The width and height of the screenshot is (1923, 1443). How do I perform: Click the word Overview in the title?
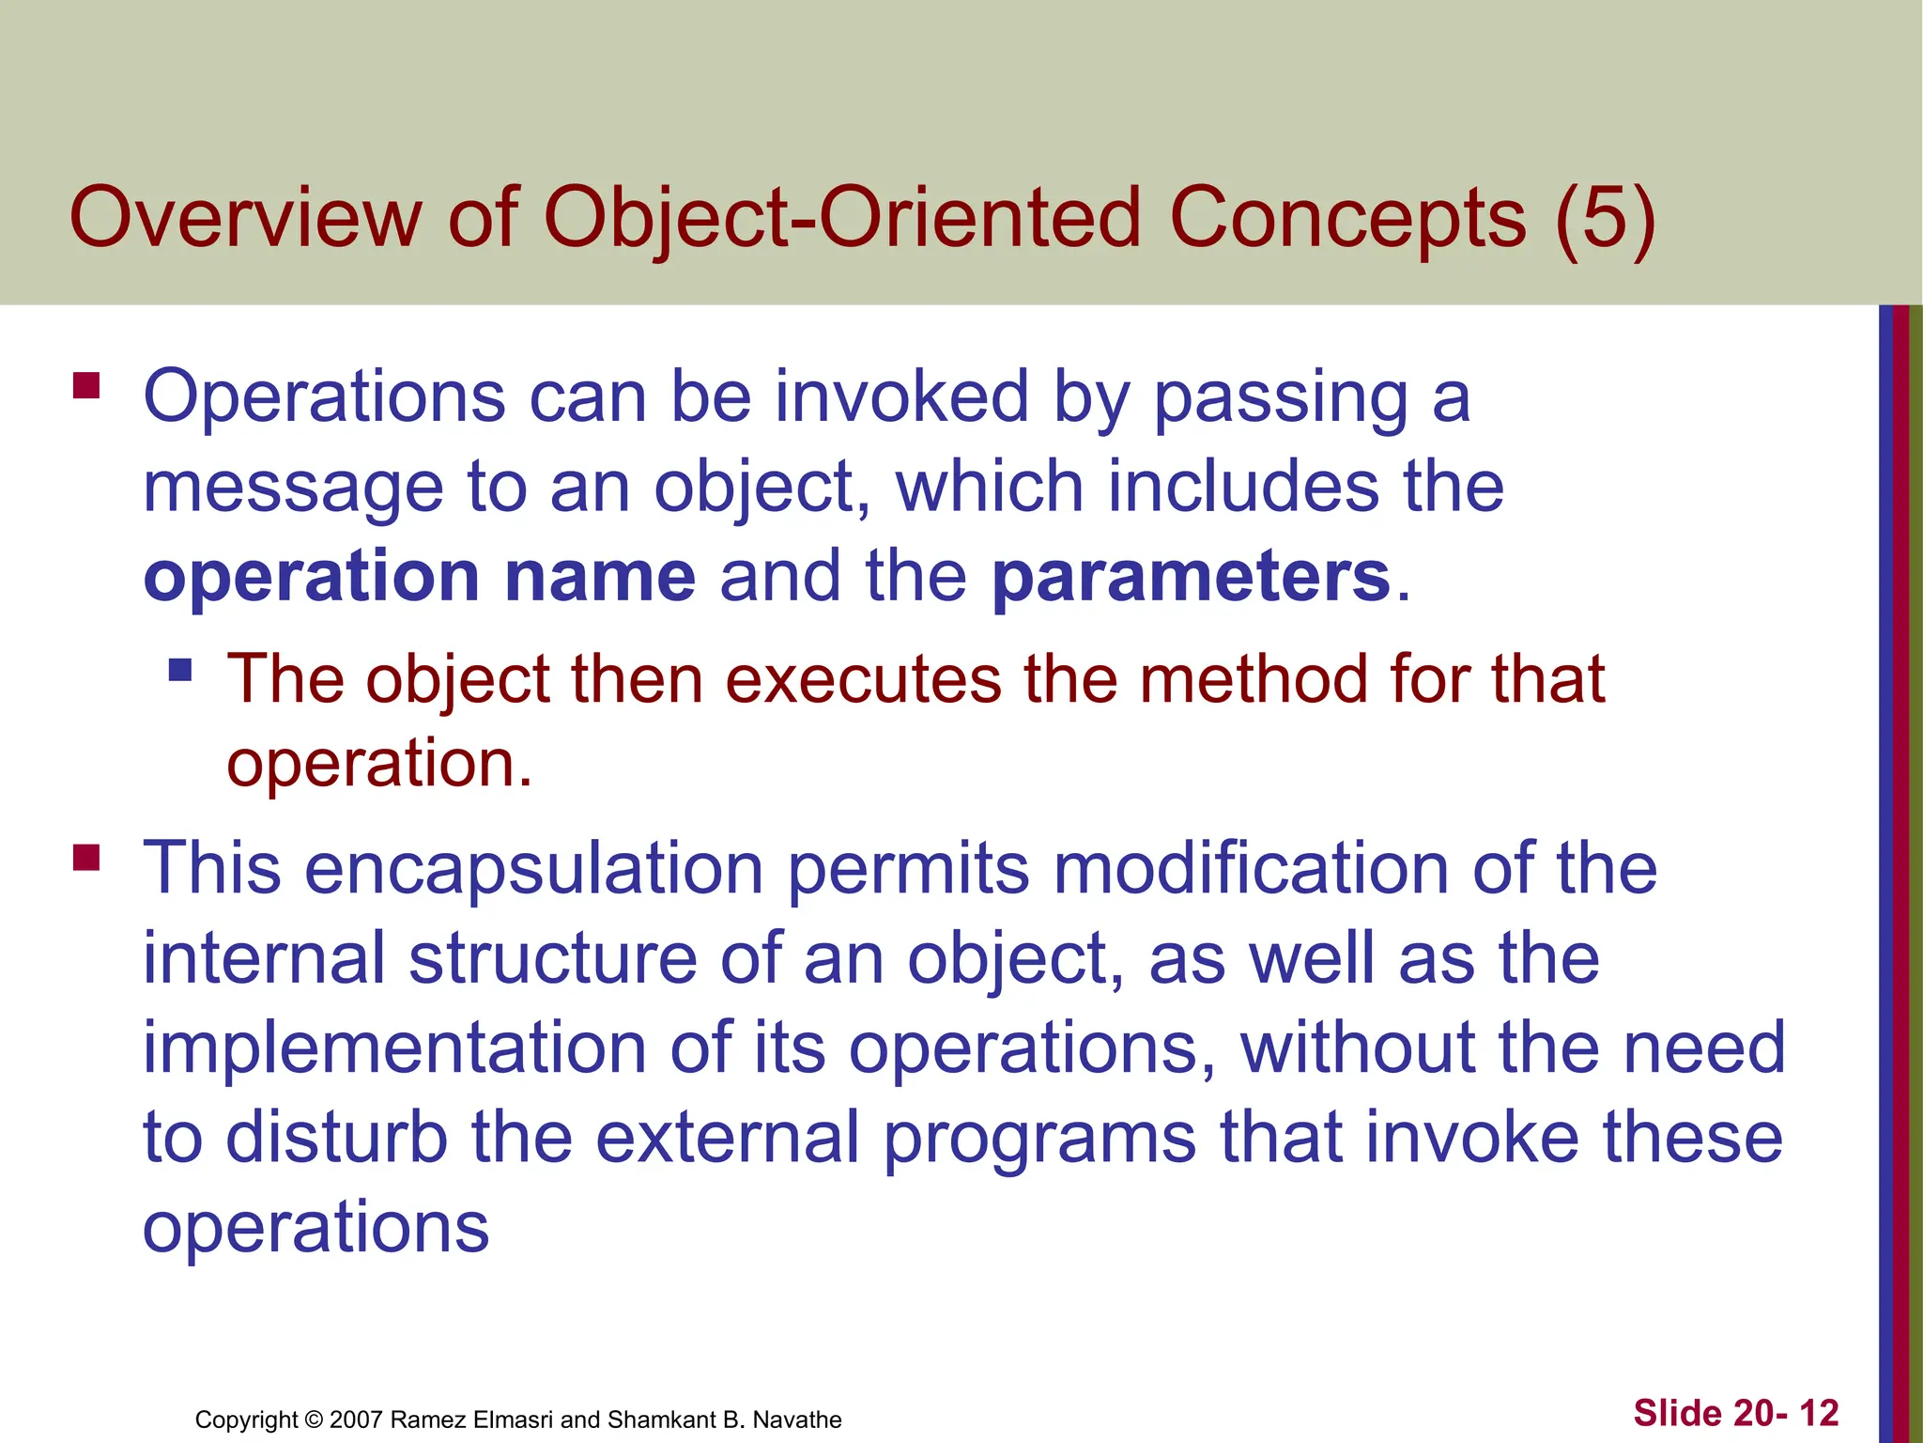click(246, 218)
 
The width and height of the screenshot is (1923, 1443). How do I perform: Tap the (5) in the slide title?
click(1605, 218)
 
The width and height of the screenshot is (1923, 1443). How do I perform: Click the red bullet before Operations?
click(86, 386)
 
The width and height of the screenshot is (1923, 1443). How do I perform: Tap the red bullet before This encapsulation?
click(86, 857)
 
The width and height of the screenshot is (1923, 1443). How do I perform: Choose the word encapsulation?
click(533, 868)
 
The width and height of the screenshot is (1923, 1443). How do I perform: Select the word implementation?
click(393, 1048)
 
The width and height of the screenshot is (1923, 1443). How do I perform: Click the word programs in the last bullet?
click(1039, 1138)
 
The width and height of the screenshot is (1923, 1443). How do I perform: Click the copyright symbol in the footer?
click(314, 1420)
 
